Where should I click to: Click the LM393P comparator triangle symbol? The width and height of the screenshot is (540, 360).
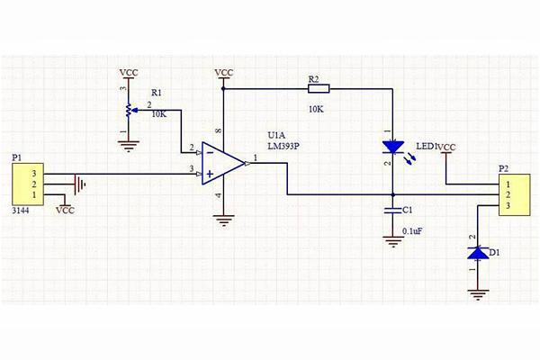coord(222,162)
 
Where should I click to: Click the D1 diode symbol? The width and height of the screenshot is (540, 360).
coord(476,255)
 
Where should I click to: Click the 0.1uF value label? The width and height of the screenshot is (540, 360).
coord(412,231)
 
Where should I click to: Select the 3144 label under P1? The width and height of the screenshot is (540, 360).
coord(21,210)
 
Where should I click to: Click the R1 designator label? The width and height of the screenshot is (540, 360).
coord(157,93)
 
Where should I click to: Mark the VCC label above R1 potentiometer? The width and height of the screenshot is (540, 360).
coord(129,71)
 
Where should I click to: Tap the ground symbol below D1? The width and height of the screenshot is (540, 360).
coord(476,292)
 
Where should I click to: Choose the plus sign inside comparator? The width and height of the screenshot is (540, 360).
coord(209,172)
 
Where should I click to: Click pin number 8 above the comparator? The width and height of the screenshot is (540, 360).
coord(217,132)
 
